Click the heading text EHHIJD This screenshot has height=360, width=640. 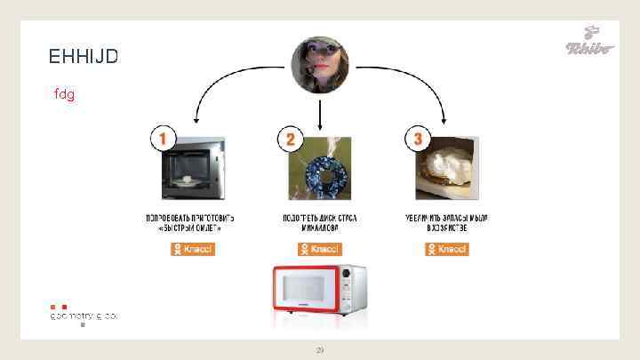click(x=84, y=57)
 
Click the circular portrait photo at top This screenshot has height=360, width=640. click(x=320, y=66)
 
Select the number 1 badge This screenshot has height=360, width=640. click(x=163, y=139)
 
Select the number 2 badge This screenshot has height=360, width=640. click(x=290, y=140)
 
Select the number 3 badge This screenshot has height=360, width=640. click(x=418, y=139)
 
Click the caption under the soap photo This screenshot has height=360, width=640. click(x=447, y=223)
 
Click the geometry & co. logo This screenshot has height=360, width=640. click(x=84, y=315)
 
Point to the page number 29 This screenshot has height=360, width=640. click(x=320, y=351)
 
